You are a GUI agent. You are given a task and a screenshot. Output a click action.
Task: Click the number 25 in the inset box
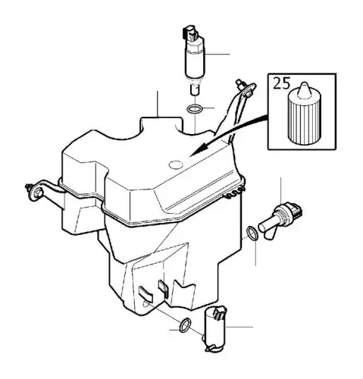point(282,83)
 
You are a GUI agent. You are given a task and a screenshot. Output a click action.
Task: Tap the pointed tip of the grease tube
point(304,84)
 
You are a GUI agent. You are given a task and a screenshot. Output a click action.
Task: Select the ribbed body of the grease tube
point(304,119)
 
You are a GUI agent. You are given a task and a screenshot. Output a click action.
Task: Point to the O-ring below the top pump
point(194,109)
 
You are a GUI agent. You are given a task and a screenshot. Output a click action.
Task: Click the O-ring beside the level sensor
point(252,233)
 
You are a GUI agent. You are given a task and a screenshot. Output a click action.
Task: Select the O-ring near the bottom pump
point(185,325)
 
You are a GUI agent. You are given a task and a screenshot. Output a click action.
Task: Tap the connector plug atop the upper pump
point(190,33)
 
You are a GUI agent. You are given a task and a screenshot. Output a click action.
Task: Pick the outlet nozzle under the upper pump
point(194,89)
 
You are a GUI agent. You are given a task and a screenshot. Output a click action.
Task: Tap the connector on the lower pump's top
point(219,313)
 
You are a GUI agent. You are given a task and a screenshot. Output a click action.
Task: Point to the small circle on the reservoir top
point(176,165)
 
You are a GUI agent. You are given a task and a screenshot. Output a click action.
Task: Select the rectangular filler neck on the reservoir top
point(161,124)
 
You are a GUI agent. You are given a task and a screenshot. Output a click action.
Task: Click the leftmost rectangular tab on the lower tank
point(146,293)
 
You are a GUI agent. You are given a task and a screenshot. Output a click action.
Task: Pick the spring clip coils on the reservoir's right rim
point(234,193)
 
